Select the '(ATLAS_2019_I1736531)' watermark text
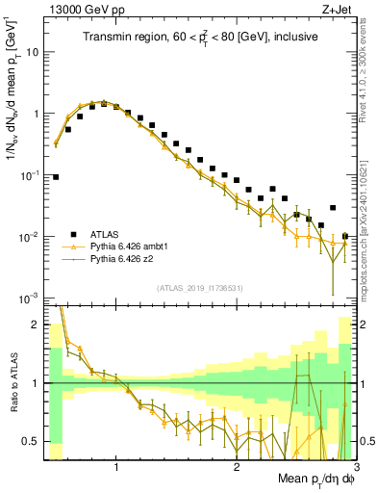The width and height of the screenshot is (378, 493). (199, 289)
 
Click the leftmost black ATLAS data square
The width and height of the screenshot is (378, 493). (56, 177)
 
